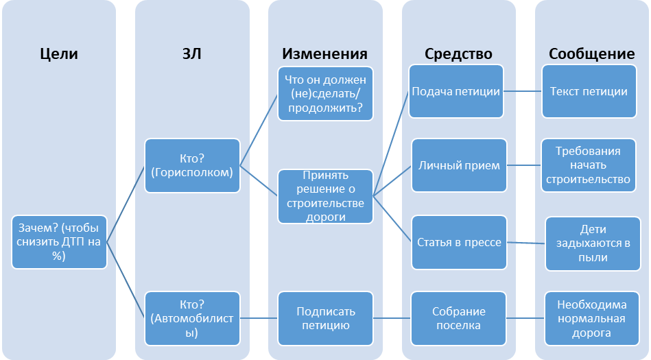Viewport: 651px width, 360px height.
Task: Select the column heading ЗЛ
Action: click(191, 54)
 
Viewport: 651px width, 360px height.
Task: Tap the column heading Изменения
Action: click(325, 54)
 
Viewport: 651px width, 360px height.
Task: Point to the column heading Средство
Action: click(458, 54)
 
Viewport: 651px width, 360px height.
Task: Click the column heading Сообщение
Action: click(591, 54)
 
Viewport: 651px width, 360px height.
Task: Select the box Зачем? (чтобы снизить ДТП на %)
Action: click(59, 242)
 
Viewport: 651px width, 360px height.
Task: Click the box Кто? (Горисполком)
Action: click(193, 165)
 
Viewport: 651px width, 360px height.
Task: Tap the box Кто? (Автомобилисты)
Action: click(193, 317)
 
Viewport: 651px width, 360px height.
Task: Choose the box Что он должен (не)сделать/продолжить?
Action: click(326, 93)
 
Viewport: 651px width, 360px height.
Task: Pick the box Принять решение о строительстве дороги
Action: click(326, 196)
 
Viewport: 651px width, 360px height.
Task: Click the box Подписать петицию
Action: click(326, 317)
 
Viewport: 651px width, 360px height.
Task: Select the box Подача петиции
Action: click(456, 92)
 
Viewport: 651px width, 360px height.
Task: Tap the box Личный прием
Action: click(459, 165)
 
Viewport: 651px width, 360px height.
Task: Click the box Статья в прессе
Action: click(459, 242)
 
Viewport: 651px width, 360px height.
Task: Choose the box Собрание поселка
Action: click(459, 317)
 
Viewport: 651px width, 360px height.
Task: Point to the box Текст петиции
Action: click(589, 92)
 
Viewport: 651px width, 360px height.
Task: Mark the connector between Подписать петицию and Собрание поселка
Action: click(392, 317)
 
